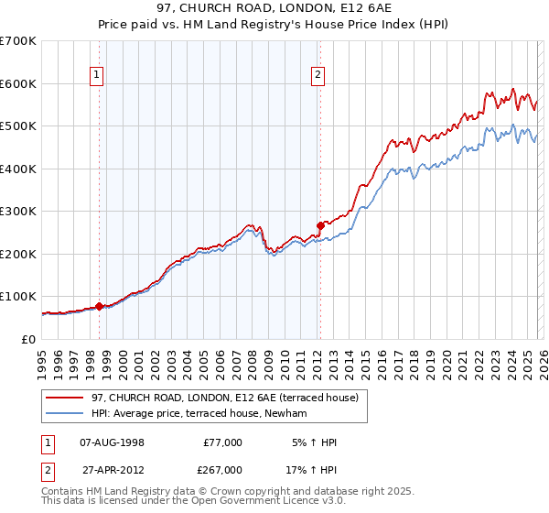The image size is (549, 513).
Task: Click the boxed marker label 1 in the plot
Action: click(x=98, y=76)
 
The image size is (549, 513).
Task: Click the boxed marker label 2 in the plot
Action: click(x=318, y=76)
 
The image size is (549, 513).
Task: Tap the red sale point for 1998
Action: click(x=99, y=306)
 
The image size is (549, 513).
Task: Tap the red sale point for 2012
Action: click(x=320, y=225)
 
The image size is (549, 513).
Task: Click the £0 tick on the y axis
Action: click(x=28, y=340)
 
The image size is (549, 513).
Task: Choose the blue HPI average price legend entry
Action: click(x=199, y=414)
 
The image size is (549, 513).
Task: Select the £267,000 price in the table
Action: click(x=222, y=469)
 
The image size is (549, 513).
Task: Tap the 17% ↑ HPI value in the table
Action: click(x=311, y=469)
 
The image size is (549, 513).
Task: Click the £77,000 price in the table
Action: click(x=222, y=442)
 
